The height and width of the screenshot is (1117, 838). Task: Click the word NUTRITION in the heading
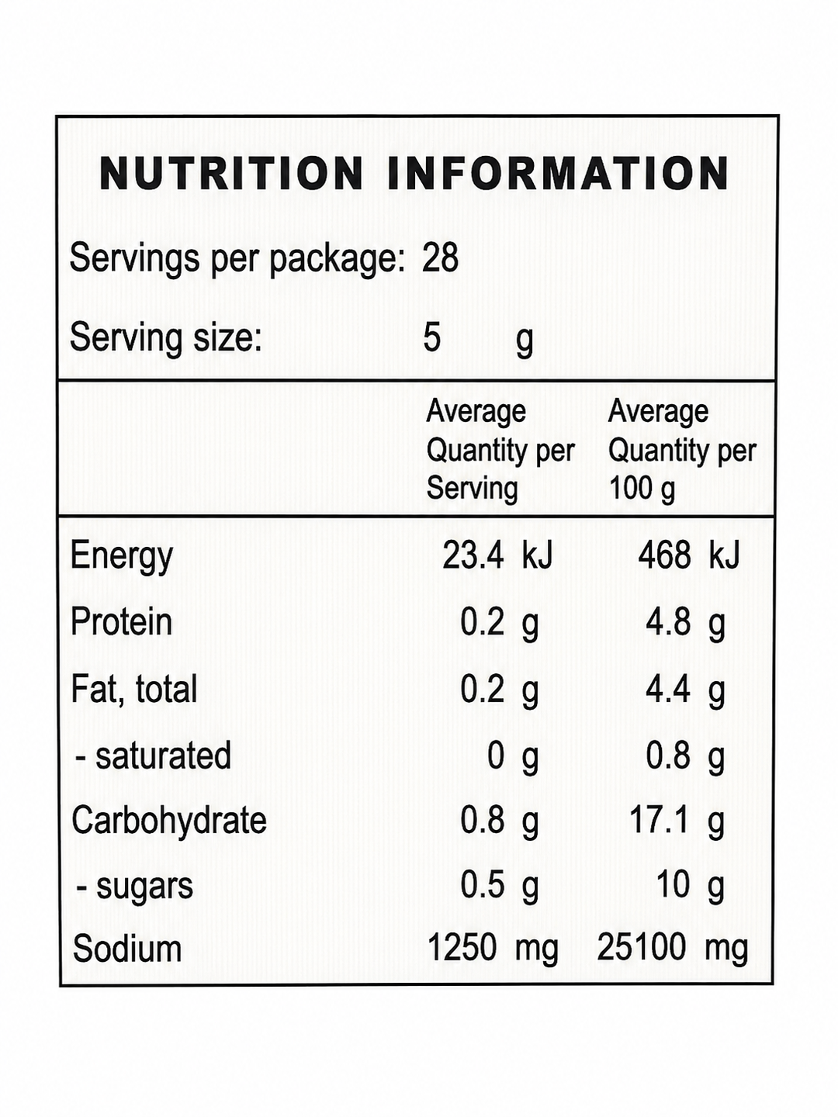click(231, 174)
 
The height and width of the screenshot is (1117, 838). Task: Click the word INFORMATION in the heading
click(558, 174)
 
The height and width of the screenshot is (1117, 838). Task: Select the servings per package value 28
click(441, 258)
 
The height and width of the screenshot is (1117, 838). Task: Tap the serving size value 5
click(431, 337)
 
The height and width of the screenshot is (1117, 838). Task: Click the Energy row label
click(122, 557)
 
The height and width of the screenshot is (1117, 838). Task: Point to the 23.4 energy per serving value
click(473, 555)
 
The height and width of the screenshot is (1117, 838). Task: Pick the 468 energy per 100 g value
click(665, 555)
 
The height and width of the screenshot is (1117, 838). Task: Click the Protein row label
click(121, 621)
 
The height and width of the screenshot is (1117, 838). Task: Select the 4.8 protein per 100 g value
click(669, 622)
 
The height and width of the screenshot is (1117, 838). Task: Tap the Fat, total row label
click(133, 690)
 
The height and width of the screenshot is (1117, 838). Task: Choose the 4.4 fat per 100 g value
click(669, 689)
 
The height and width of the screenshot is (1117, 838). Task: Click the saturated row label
click(154, 756)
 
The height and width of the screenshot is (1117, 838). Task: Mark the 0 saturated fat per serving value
click(496, 756)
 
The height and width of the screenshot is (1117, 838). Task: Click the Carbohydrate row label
click(169, 821)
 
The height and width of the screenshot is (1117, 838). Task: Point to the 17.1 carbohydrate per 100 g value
click(660, 821)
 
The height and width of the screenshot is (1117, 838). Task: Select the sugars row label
click(135, 888)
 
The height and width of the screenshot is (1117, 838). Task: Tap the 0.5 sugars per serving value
click(483, 885)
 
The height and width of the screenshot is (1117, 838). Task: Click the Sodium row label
click(127, 949)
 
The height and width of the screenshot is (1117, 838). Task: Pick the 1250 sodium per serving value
click(462, 948)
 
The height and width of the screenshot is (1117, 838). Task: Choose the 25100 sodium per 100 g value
click(642, 948)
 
